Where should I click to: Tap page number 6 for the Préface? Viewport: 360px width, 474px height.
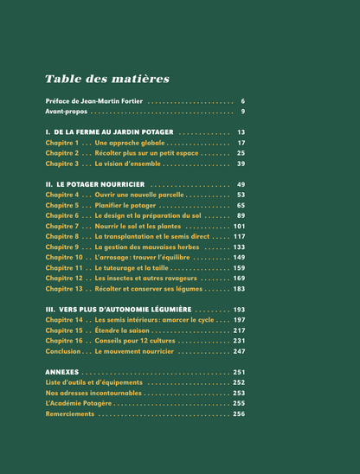click(243, 101)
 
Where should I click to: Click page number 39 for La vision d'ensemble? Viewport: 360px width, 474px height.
click(241, 163)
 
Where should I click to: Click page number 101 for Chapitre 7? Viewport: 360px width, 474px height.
click(240, 227)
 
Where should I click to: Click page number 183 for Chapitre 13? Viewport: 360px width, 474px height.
click(240, 289)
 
